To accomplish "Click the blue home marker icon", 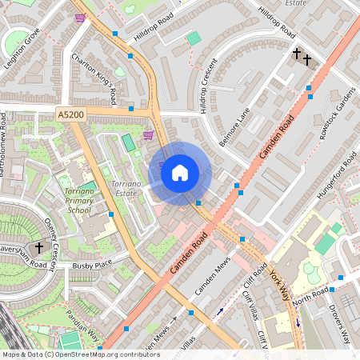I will [x=180, y=173].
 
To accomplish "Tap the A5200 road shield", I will [x=70, y=116].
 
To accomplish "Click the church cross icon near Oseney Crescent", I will [x=39, y=248].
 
